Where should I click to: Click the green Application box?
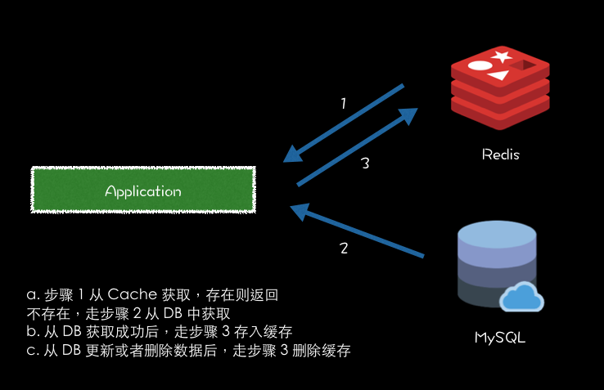(x=142, y=191)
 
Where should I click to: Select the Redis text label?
(x=500, y=155)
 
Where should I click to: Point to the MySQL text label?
(x=499, y=337)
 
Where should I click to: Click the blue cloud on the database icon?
(x=521, y=297)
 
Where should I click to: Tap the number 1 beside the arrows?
(x=344, y=104)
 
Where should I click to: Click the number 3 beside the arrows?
(x=366, y=164)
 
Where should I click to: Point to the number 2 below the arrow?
(x=344, y=249)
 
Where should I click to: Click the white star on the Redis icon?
(x=502, y=56)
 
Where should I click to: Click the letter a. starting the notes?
(x=33, y=294)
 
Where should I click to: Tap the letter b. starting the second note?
(x=33, y=332)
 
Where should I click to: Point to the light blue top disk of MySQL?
(x=498, y=235)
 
